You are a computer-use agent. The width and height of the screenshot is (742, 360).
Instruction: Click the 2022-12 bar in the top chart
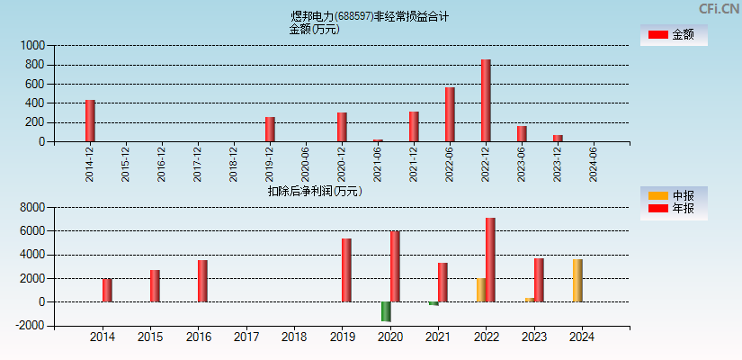click(486, 101)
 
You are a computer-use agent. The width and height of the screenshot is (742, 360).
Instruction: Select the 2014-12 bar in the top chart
click(90, 121)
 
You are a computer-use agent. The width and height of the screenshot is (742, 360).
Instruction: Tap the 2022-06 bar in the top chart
click(450, 114)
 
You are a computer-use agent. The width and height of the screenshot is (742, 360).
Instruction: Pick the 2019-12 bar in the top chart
click(270, 130)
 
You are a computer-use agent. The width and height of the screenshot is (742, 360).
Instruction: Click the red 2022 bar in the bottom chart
click(490, 260)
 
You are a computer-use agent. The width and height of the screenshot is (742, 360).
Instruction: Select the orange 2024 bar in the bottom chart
click(577, 281)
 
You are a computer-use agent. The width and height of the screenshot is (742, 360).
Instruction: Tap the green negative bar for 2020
click(386, 311)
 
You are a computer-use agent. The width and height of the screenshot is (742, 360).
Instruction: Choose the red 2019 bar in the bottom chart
click(346, 270)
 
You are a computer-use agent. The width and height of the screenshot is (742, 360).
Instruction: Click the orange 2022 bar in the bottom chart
click(480, 290)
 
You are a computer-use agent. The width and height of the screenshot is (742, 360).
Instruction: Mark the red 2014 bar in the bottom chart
click(107, 290)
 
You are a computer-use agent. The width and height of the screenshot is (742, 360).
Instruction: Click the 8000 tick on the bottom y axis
click(32, 207)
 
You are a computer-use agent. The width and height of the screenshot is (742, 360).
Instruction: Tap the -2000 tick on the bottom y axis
click(31, 326)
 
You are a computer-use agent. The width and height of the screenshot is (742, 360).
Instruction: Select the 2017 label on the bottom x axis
click(246, 337)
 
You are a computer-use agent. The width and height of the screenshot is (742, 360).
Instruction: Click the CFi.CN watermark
click(719, 8)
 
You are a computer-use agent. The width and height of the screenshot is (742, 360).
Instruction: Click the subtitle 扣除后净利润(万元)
click(314, 191)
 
